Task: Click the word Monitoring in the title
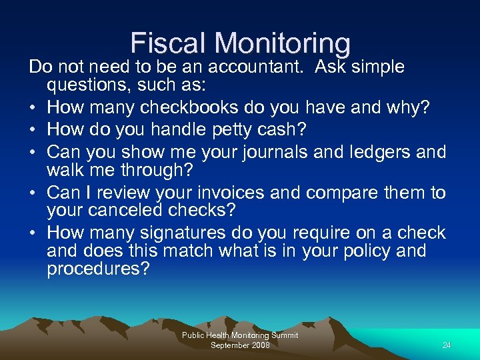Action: click(283, 43)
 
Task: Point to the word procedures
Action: click(97, 269)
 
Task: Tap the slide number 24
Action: click(447, 345)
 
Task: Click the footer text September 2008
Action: click(240, 345)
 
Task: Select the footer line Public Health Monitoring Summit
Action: click(240, 335)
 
